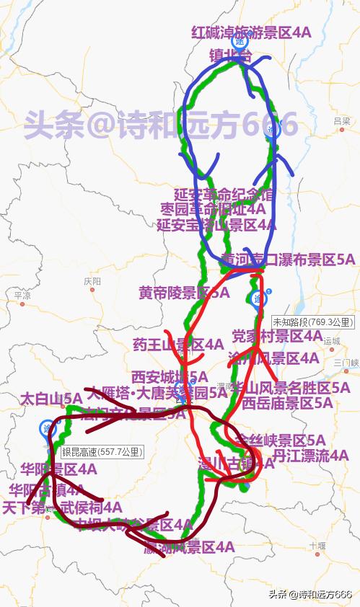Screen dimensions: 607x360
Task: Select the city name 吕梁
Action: pos(342,121)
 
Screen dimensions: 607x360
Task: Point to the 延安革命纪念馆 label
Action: pos(224,195)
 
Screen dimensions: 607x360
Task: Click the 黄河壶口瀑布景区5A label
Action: pos(288,259)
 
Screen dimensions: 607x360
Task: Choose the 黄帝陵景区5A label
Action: pos(184,293)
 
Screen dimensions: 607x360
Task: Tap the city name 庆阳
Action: pos(92,281)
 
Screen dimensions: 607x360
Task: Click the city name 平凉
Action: pos(22,295)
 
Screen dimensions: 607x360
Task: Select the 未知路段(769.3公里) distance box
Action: pos(313,322)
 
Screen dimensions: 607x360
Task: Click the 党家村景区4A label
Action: pos(277,336)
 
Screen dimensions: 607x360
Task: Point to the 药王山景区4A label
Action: pos(178,345)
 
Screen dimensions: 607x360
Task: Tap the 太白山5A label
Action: pos(51,398)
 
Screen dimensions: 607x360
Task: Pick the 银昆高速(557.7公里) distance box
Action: pos(102,452)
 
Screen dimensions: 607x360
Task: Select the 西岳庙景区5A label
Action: pos(287,402)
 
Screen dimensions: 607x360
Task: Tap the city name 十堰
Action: pos(314,546)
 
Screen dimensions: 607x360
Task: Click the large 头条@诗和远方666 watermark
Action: pos(160,125)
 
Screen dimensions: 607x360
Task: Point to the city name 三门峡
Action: pos(345,362)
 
